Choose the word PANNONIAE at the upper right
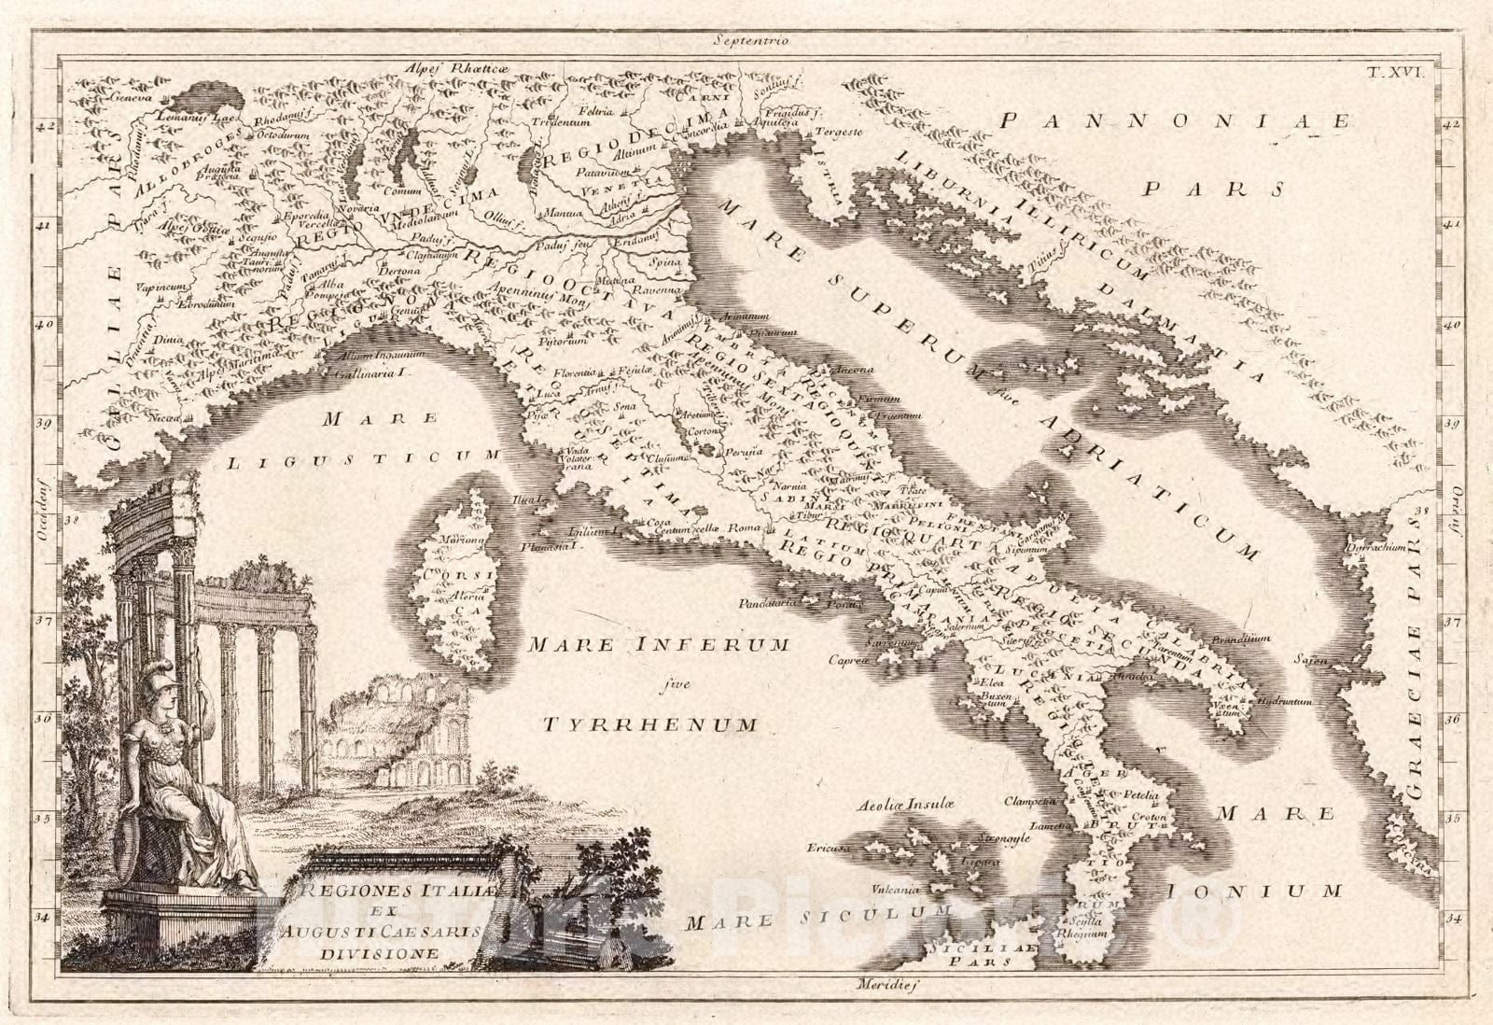tap(1186, 121)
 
